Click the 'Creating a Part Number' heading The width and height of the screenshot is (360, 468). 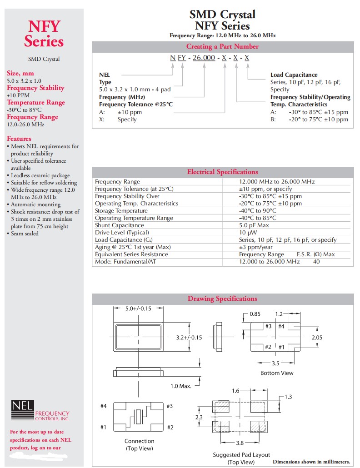[222, 47]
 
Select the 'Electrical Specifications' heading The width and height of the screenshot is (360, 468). [222, 172]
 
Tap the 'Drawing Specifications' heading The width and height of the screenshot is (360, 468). [222, 299]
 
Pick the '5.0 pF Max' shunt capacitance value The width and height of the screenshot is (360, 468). [255, 225]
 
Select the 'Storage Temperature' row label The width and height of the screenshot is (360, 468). [121, 211]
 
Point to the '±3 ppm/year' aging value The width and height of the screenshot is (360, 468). [256, 247]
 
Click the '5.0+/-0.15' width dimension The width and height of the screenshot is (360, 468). [138, 309]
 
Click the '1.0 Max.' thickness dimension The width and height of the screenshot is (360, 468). [181, 386]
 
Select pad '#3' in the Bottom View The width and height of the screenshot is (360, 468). [268, 326]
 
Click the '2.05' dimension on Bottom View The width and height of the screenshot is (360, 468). [317, 338]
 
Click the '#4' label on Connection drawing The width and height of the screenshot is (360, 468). [104, 406]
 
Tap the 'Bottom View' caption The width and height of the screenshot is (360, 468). [277, 373]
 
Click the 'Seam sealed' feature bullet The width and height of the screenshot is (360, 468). [25, 234]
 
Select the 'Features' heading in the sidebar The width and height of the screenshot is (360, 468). [19, 139]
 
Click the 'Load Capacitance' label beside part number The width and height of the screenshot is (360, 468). [294, 75]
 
